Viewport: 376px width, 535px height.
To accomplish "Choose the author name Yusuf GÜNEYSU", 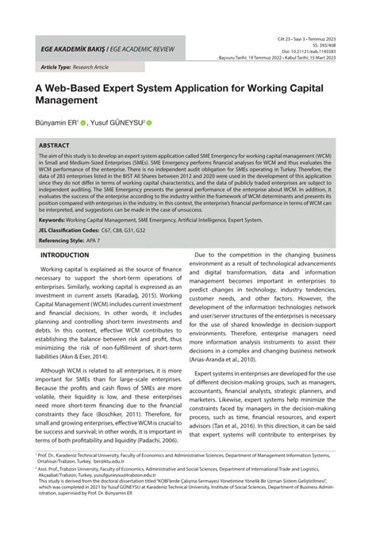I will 118,124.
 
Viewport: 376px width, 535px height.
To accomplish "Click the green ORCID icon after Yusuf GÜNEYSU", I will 148,124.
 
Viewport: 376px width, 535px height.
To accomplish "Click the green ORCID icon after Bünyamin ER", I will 82,124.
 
